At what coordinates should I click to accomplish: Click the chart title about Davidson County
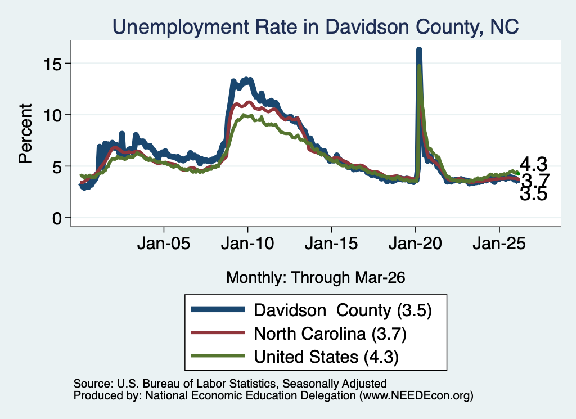(316, 26)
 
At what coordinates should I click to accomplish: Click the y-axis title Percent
(25, 133)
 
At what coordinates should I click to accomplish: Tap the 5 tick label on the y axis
(57, 167)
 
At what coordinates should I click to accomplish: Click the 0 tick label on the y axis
(57, 218)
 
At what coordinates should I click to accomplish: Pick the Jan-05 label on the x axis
(164, 243)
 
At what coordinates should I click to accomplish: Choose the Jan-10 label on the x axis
(247, 243)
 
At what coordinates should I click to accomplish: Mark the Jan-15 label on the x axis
(331, 243)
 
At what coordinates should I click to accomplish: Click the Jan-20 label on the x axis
(415, 243)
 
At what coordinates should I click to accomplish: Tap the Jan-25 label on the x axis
(499, 243)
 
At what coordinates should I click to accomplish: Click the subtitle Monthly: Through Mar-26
(316, 277)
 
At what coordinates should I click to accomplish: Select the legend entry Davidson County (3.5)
(343, 310)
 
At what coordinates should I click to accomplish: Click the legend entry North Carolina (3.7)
(330, 334)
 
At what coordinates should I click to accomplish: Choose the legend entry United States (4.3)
(326, 357)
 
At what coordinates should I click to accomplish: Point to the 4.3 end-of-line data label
(533, 164)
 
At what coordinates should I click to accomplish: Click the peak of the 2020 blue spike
(418, 49)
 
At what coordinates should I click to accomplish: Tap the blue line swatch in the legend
(218, 309)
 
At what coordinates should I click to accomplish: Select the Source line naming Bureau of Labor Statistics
(230, 384)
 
